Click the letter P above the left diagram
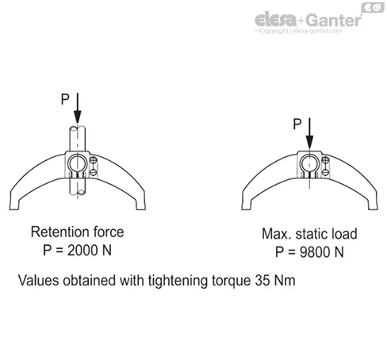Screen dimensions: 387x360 tap(65, 99)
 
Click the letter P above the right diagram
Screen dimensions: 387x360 tap(297, 124)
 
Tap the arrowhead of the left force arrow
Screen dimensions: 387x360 tap(78, 117)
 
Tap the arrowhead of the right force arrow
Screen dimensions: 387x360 tap(309, 142)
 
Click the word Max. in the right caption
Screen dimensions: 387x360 tap(277, 234)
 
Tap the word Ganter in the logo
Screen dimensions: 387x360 tap(334, 21)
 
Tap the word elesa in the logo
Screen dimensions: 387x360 tap(276, 20)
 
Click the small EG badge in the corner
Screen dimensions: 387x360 tap(373, 8)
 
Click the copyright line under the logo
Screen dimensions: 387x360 tap(298, 31)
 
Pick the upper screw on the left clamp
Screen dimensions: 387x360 tap(94, 160)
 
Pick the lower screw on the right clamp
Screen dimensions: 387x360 tap(326, 172)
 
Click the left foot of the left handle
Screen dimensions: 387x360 tap(14, 205)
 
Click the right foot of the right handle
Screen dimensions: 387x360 tap(373, 205)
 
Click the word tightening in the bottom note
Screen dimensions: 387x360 tap(178, 281)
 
